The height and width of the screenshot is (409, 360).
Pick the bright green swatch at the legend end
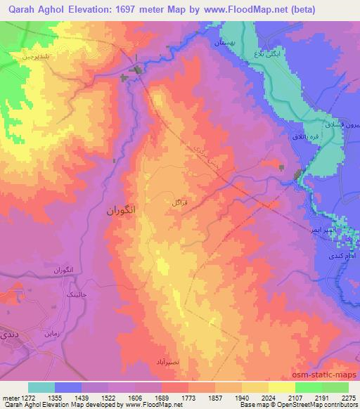pyautogui.click(x=335, y=387)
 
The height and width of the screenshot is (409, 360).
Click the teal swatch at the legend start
pyautogui.click(x=41, y=387)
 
